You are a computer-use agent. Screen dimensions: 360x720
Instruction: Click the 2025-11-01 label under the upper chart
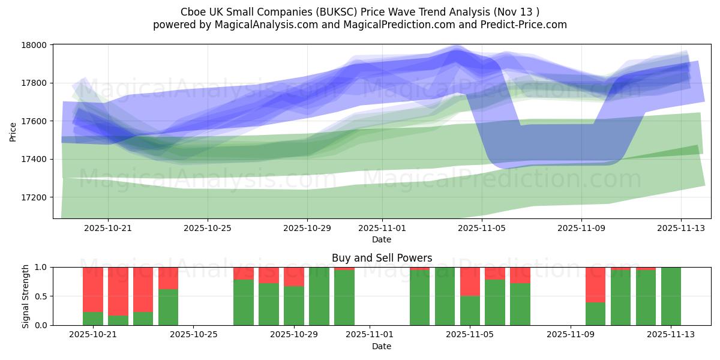click(x=382, y=228)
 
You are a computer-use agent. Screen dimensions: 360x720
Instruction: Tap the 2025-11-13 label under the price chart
click(x=680, y=228)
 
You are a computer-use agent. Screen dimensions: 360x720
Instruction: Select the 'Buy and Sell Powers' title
click(x=382, y=258)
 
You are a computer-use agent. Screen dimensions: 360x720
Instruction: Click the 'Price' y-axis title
click(x=13, y=131)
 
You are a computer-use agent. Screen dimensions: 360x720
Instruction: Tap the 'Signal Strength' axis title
click(x=25, y=296)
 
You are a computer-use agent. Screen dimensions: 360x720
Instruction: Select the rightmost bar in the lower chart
click(x=671, y=296)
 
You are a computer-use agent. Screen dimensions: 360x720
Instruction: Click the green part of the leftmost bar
click(x=93, y=319)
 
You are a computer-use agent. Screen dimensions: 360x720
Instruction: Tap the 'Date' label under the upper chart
click(x=382, y=239)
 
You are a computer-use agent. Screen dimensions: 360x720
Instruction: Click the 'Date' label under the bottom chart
click(x=382, y=346)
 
